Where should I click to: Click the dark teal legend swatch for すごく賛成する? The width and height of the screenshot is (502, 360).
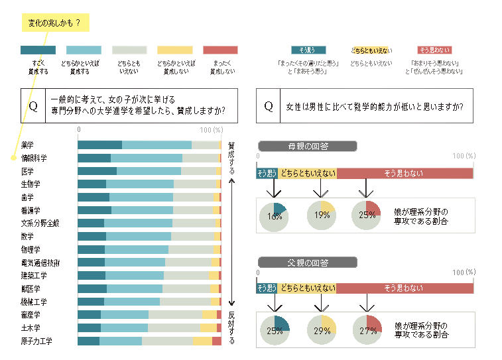point(38,50)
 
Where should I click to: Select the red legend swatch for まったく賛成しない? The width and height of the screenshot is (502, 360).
point(220,50)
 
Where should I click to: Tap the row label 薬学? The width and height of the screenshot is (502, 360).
point(27,145)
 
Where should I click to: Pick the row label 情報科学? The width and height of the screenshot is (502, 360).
point(34,158)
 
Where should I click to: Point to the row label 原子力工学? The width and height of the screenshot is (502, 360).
point(36,341)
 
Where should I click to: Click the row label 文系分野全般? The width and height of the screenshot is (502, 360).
point(40,223)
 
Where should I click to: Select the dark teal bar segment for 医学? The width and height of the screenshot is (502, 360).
point(97,171)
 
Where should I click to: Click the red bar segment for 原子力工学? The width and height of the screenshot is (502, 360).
point(217,341)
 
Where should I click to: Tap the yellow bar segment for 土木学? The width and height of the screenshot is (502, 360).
point(208,328)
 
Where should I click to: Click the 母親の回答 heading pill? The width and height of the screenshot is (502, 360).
point(298,147)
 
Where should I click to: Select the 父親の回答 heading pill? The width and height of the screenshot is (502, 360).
point(298,262)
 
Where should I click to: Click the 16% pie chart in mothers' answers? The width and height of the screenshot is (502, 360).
point(273,215)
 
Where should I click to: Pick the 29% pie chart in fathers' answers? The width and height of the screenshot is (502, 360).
point(322,330)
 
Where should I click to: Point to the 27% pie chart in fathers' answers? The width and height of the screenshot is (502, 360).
point(367,330)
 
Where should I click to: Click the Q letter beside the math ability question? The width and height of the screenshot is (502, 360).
point(269,106)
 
